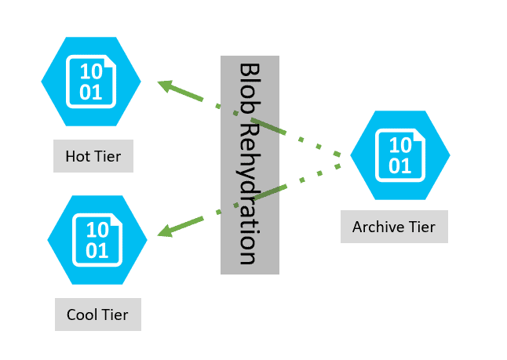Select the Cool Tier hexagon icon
point(97,239)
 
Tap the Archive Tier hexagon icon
point(399,154)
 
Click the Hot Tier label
point(93,156)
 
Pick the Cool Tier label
point(97,315)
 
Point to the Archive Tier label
point(394,227)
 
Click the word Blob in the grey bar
point(250,89)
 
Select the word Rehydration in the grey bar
point(250,192)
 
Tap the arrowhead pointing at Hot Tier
point(164,85)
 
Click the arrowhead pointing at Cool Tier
point(164,231)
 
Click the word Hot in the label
point(78,156)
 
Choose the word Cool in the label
point(81,315)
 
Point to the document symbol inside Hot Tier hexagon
point(91,80)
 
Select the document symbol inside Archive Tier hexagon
point(399,154)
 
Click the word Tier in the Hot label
point(108,156)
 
